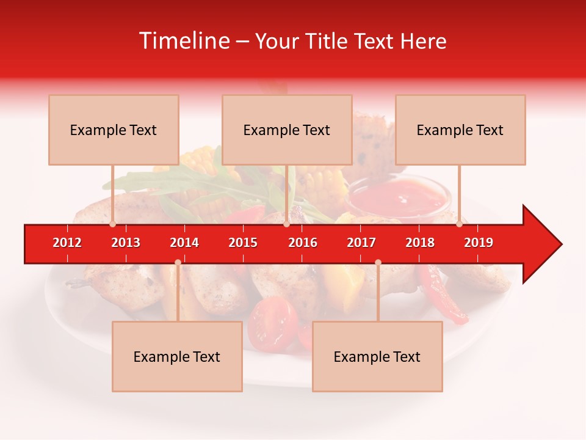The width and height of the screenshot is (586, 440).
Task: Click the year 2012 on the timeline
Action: pyautogui.click(x=67, y=243)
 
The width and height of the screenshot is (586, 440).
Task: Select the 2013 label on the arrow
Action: pyautogui.click(x=126, y=243)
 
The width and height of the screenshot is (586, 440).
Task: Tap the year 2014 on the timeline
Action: pyautogui.click(x=184, y=243)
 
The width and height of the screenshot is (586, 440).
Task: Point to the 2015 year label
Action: pyautogui.click(x=243, y=243)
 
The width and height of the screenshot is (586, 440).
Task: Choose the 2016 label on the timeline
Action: pyautogui.click(x=303, y=243)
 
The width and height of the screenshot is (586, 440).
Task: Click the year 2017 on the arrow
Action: pyautogui.click(x=361, y=243)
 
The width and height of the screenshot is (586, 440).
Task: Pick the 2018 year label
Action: pyautogui.click(x=420, y=243)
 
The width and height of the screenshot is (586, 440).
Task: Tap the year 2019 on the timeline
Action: pyautogui.click(x=479, y=243)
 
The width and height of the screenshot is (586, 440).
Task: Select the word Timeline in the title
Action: pyautogui.click(x=184, y=41)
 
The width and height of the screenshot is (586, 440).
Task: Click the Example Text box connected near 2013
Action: pyautogui.click(x=114, y=130)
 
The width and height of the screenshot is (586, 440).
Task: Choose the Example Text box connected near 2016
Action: pyautogui.click(x=287, y=130)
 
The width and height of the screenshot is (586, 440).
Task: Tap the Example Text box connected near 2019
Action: pyautogui.click(x=460, y=130)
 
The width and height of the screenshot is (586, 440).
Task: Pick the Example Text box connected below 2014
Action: pyautogui.click(x=177, y=356)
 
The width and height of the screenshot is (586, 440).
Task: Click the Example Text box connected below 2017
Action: pyautogui.click(x=377, y=356)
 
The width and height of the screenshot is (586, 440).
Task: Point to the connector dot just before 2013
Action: pyautogui.click(x=113, y=224)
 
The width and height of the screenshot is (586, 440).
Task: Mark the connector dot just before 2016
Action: pyautogui.click(x=286, y=224)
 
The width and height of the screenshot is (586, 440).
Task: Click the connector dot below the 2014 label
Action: pyautogui.click(x=178, y=262)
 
